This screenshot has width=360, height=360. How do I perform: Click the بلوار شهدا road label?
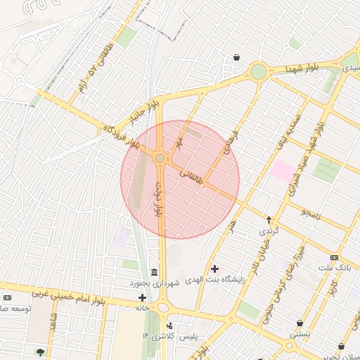302,69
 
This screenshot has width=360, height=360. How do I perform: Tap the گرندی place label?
270,231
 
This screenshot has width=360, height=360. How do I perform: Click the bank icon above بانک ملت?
333,257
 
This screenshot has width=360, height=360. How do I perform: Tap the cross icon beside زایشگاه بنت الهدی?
214,269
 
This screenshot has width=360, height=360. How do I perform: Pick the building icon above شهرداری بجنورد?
154,272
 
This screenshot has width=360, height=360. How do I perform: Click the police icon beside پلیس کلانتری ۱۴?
169,326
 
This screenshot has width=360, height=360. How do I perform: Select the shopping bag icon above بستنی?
300,323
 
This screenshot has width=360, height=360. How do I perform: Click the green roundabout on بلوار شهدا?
259,72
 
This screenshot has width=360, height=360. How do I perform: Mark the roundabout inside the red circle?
160,159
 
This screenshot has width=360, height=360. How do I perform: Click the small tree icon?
39,352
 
